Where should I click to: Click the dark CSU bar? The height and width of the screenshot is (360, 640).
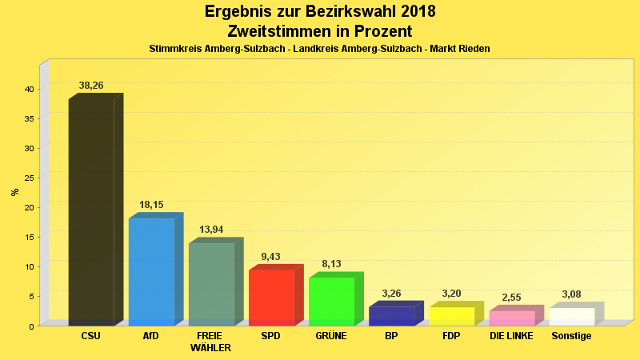91,212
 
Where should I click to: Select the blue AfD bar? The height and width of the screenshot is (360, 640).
151,271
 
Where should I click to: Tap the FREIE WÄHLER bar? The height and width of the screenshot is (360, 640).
211,284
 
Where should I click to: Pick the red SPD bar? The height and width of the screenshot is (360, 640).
271,298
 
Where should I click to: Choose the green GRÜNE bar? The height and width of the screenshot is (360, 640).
331,301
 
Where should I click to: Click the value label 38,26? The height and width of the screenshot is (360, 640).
91,86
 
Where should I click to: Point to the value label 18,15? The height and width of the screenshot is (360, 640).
151,205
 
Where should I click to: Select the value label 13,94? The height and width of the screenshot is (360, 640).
211,230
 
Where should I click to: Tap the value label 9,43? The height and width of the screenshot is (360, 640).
271,257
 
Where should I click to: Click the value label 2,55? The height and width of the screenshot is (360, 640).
511,298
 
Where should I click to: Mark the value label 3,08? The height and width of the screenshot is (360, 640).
571,294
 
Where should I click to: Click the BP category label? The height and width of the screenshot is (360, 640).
391,336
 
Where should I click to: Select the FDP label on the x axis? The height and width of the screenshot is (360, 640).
451,336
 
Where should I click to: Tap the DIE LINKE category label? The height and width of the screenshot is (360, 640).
511,336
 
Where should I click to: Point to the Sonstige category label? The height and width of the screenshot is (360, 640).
571,336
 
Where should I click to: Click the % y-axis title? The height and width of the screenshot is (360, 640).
14,192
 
